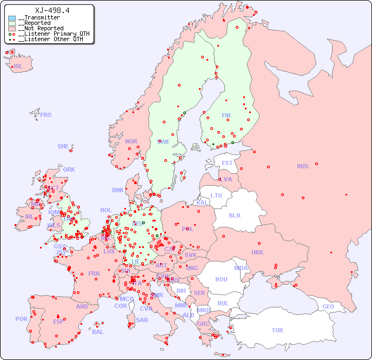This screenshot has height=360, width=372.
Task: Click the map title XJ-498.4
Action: tap(52, 10)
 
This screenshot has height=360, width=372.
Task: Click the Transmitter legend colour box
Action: tap(12, 18)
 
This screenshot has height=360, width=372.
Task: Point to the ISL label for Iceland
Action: tap(18, 67)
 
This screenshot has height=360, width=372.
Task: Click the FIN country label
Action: tap(226, 115)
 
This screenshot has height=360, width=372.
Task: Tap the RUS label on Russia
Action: tap(302, 166)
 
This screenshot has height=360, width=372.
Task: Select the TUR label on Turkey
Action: tap(277, 330)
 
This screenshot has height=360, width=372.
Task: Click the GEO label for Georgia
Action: tap(328, 306)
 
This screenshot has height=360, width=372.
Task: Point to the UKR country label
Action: tap(257, 252)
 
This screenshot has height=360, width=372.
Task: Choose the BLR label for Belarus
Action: tap(234, 215)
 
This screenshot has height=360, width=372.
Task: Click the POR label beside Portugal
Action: tap(21, 319)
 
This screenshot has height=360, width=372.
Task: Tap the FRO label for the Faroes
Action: tap(46, 115)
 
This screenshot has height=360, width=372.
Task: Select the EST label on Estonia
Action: tap(227, 163)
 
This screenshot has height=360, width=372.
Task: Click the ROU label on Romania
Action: tap(221, 279)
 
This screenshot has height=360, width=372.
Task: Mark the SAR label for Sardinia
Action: tap(142, 320)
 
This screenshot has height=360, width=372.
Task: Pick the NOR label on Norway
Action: tap(131, 141)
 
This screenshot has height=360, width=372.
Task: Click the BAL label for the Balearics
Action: tap(97, 332)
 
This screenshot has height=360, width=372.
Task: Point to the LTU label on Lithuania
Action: tap(216, 195)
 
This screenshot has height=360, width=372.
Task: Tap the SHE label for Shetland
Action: tap(63, 146)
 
